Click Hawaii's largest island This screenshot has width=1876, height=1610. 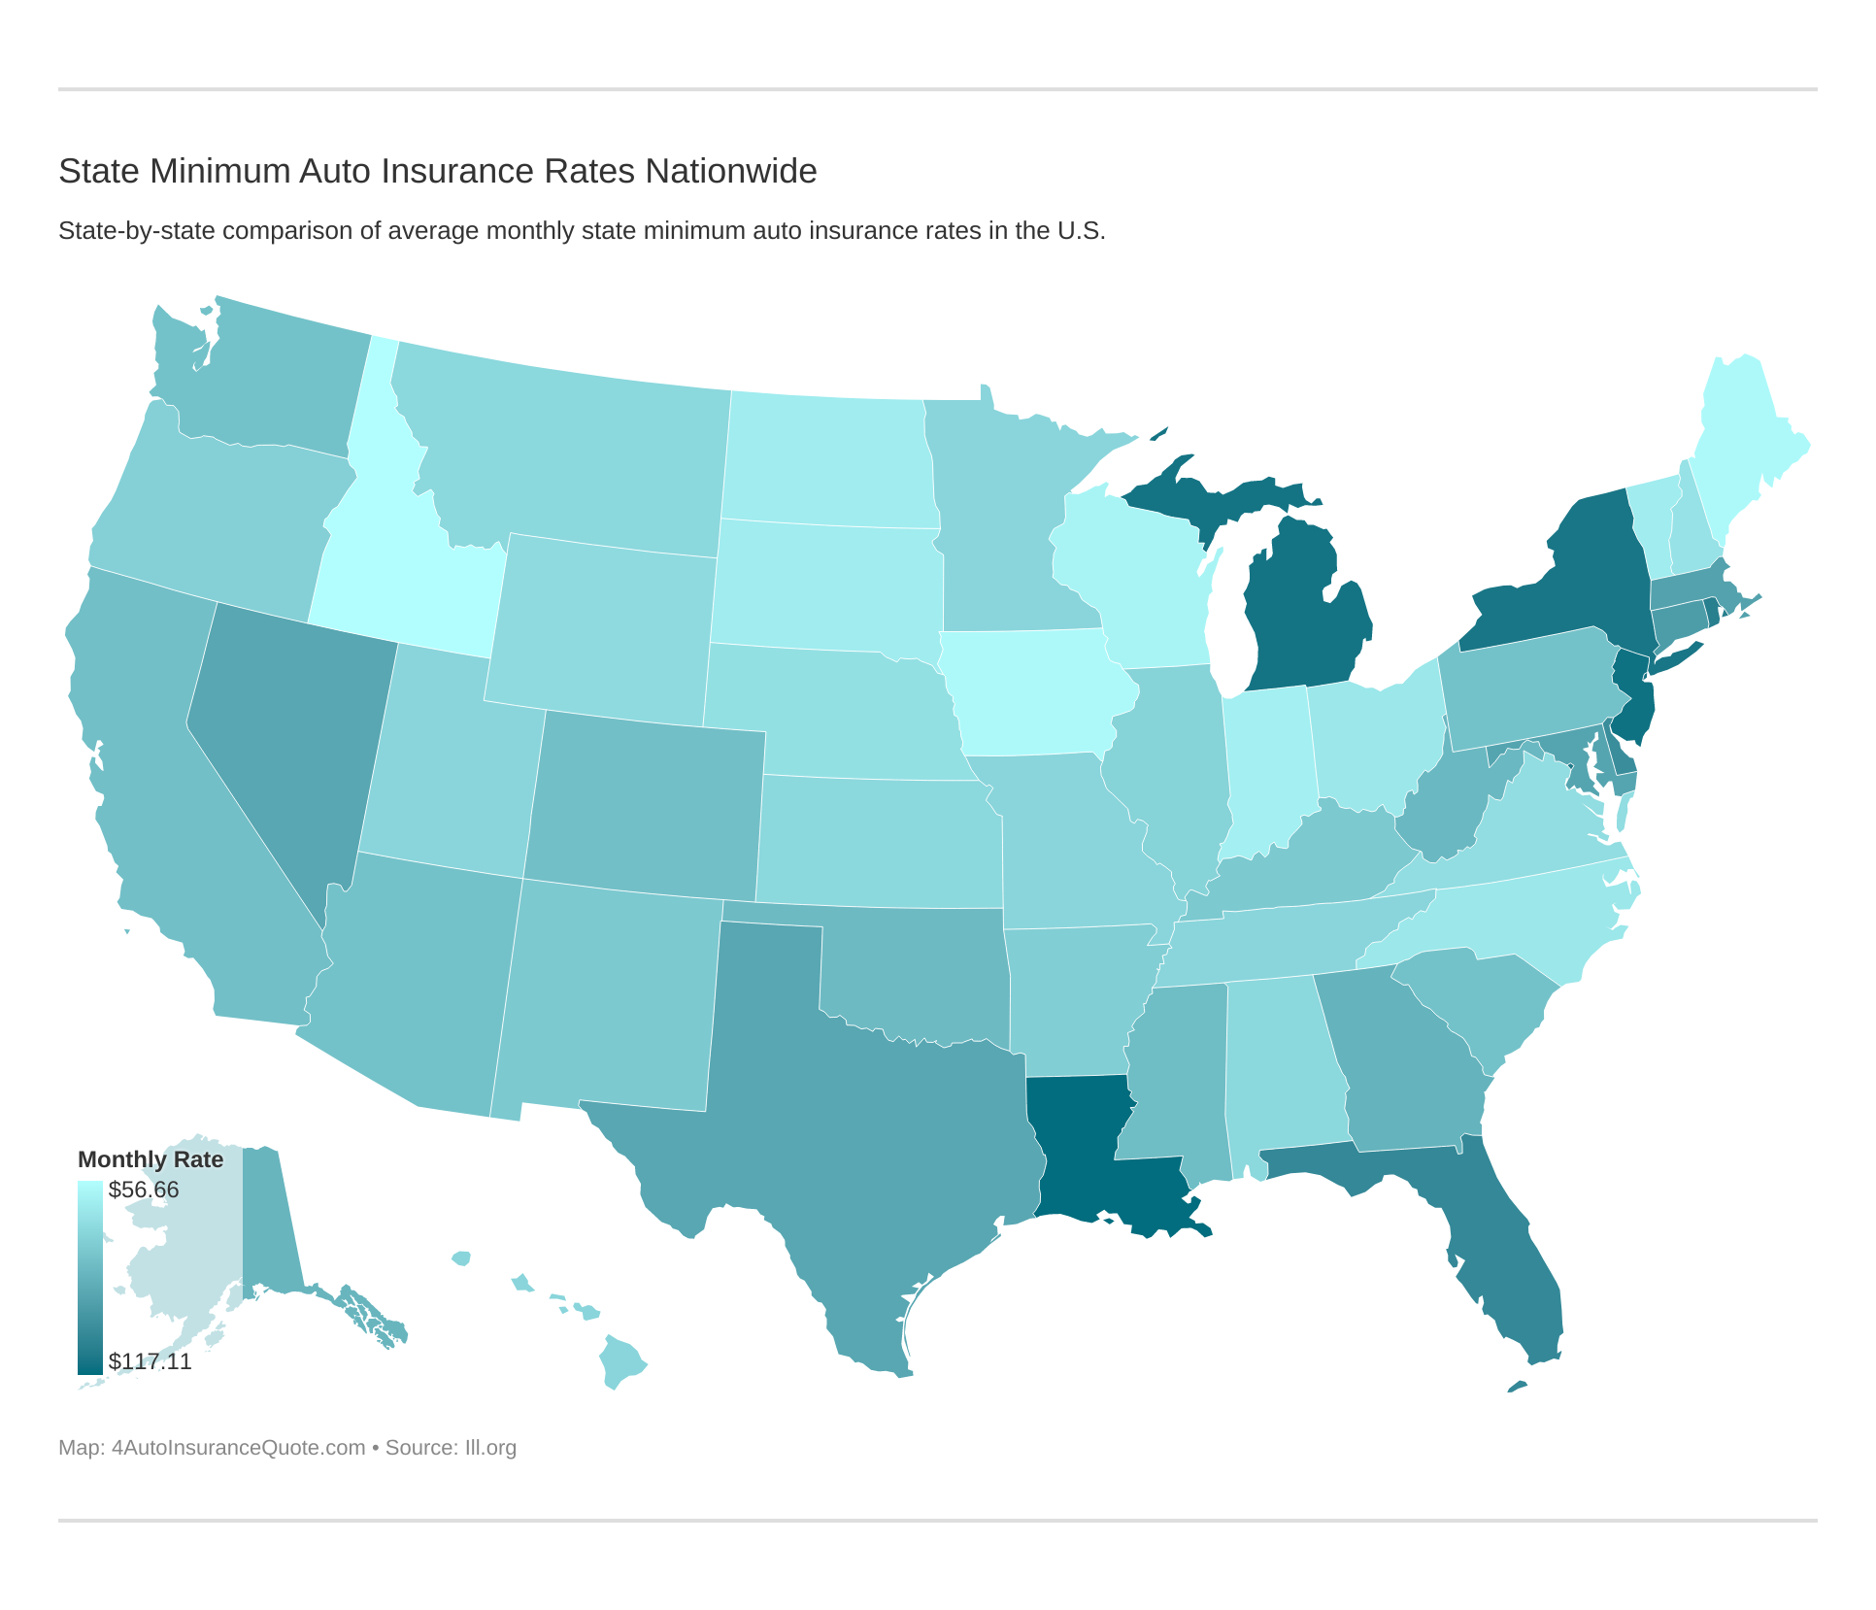(x=621, y=1359)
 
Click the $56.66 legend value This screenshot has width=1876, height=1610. (x=144, y=1190)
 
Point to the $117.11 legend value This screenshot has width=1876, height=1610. (x=150, y=1361)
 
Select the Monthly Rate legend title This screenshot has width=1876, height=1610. (x=151, y=1159)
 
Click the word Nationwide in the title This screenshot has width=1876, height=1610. (x=731, y=171)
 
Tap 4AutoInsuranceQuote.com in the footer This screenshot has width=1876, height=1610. (x=238, y=1448)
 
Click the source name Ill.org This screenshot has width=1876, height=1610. (x=490, y=1448)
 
